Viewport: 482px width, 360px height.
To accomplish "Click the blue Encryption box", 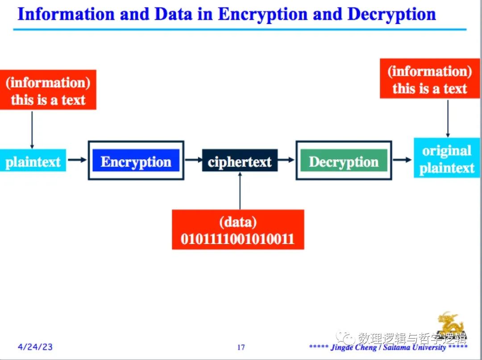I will tap(136, 161).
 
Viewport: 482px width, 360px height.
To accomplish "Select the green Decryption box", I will tap(344, 161).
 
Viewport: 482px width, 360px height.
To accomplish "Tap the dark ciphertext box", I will tap(240, 161).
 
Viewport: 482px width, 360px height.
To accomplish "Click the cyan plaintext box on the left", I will tap(33, 161).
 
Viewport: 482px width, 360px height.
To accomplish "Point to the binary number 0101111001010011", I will tap(237, 239).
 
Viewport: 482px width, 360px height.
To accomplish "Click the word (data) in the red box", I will tap(237, 222).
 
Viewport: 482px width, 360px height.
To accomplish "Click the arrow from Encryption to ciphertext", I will tap(194, 160).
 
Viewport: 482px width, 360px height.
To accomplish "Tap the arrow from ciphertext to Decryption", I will tap(287, 160).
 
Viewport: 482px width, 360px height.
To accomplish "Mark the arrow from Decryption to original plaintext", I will tap(402, 160).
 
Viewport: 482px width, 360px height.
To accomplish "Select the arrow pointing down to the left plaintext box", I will tap(32, 129).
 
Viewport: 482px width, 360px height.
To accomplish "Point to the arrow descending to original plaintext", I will tap(448, 118).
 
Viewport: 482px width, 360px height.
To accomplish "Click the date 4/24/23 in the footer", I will tap(35, 347).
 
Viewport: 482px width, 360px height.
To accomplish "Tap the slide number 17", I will tap(241, 347).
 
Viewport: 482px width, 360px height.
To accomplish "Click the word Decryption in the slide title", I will tap(391, 14).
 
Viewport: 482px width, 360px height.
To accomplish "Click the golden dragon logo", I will tap(450, 324).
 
